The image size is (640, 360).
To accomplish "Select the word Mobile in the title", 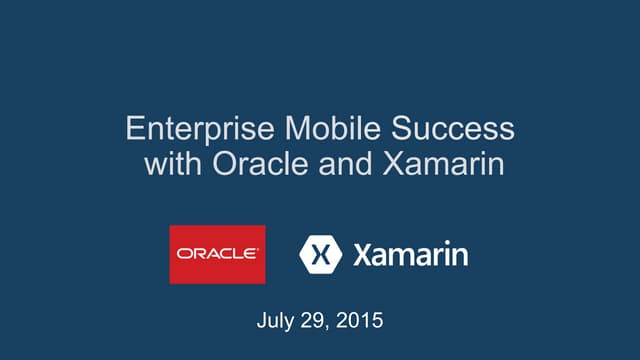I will pyautogui.click(x=320, y=129).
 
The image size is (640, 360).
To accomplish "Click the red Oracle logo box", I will pyautogui.click(x=217, y=254).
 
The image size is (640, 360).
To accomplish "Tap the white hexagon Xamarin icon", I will pyautogui.click(x=321, y=254).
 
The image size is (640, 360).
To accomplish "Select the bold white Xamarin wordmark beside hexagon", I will pyautogui.click(x=410, y=254).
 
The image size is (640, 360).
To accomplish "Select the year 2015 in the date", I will pyautogui.click(x=361, y=322).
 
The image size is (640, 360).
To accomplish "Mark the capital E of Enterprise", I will pyautogui.click(x=134, y=129).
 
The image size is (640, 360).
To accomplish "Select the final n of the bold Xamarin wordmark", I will pyautogui.click(x=458, y=256).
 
